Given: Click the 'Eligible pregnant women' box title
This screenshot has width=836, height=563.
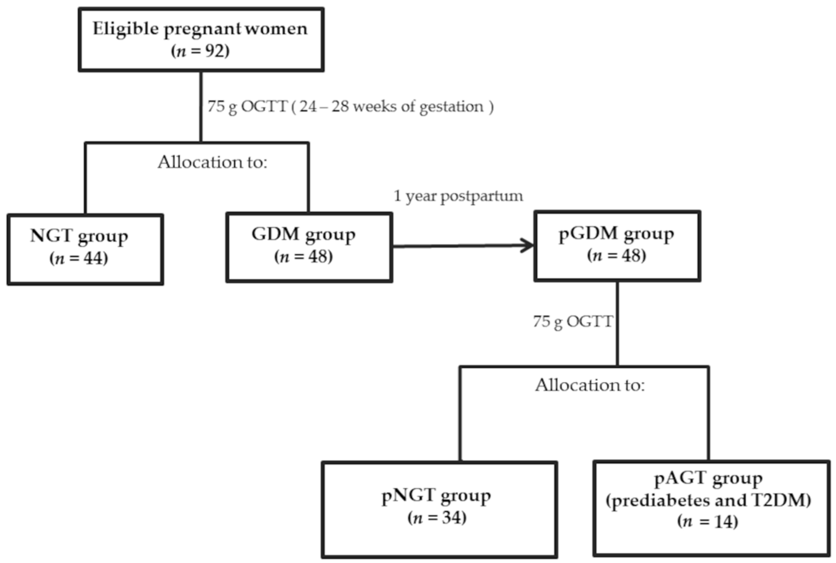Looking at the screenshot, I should tap(200, 29).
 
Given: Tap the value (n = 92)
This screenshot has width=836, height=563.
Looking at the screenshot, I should tap(200, 51).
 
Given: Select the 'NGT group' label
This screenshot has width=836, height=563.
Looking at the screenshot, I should tap(79, 237).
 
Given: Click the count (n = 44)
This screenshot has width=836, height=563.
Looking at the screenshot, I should tap(79, 259).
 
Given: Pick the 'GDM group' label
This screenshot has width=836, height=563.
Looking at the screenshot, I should tap(303, 235).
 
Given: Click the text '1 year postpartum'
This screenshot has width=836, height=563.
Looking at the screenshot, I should tap(458, 196).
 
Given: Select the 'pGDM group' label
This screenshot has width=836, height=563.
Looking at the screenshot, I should tap(616, 234).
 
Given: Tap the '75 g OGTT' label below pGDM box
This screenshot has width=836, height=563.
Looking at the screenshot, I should tap(572, 322).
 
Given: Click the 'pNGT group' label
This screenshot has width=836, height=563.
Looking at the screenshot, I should tap(436, 496).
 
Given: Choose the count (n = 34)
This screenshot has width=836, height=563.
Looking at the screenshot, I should tap(437, 518).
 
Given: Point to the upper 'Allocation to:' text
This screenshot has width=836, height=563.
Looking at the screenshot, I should tap(212, 162).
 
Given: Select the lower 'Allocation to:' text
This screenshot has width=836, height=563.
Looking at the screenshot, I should tap(590, 385).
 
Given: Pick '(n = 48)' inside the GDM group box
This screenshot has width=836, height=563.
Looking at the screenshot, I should tap(303, 257).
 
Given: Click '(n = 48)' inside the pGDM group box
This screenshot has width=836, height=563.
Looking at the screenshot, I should tap(616, 256).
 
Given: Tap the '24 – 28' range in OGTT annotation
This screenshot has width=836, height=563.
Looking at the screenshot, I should tap(324, 107).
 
